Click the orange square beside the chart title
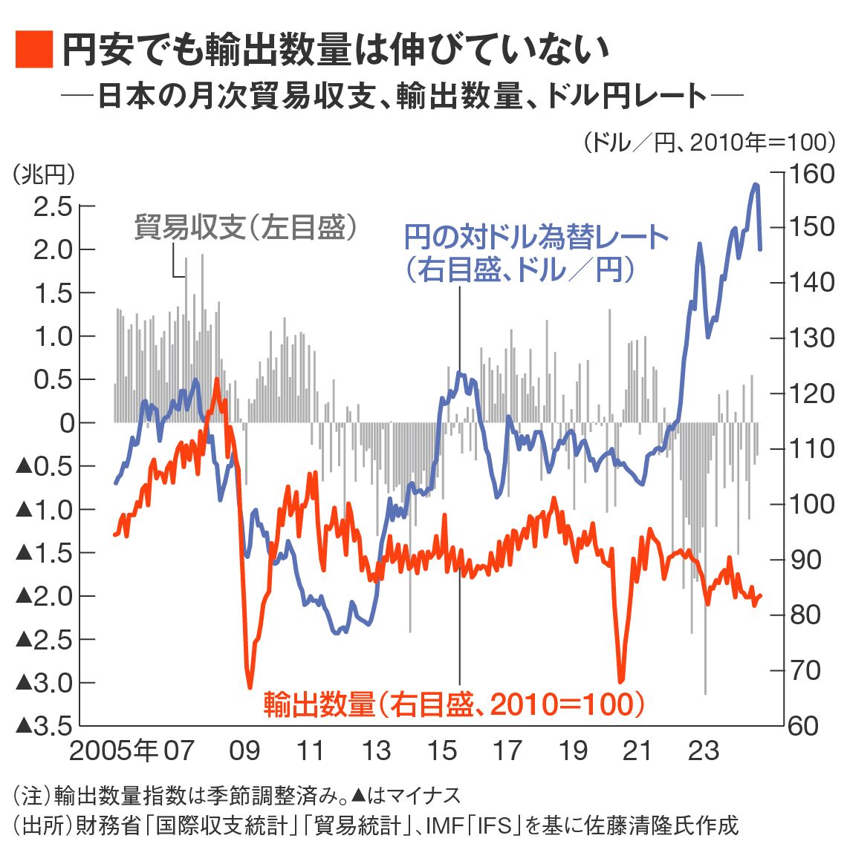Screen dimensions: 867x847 tap(34, 50)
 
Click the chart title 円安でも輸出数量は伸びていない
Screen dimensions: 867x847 tap(334, 50)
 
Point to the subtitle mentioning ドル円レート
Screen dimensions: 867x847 tap(421, 96)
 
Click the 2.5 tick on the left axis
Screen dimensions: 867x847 tap(53, 206)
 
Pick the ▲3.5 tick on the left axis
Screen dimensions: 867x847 tap(45, 725)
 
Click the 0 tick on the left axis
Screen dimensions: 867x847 tap(67, 423)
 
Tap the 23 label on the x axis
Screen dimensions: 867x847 tap(703, 750)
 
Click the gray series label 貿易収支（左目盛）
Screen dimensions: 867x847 tap(245, 227)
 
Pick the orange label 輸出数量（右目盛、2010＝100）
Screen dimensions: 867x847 tap(454, 704)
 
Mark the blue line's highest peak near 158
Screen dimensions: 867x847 tap(756, 184)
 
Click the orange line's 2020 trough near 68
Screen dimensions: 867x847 tap(621, 680)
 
